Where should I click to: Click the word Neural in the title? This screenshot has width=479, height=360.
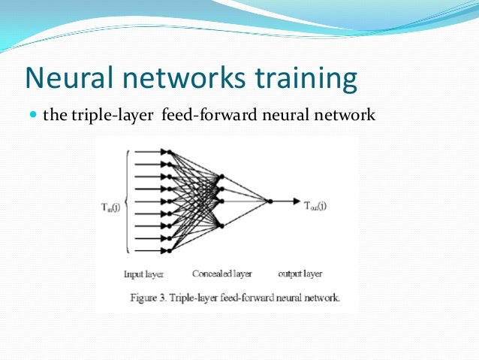click(68, 79)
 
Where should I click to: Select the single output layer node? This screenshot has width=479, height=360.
click(270, 201)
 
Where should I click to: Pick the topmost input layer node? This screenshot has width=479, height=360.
click(170, 153)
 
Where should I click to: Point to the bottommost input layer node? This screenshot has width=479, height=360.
click(170, 250)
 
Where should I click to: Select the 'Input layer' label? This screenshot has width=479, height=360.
click(143, 274)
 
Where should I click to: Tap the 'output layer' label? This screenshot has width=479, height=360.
click(300, 274)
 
